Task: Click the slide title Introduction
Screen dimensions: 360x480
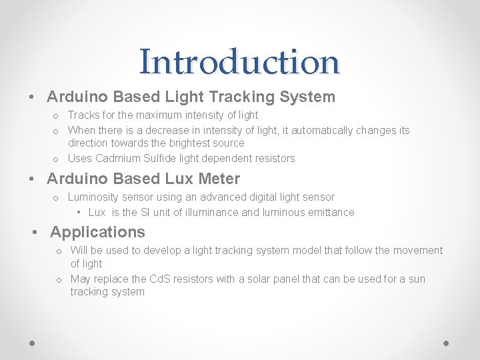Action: pyautogui.click(x=239, y=62)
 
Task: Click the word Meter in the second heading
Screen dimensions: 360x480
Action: pyautogui.click(x=217, y=179)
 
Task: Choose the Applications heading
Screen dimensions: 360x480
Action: pyautogui.click(x=97, y=232)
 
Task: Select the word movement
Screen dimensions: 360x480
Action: pyautogui.click(x=418, y=251)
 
